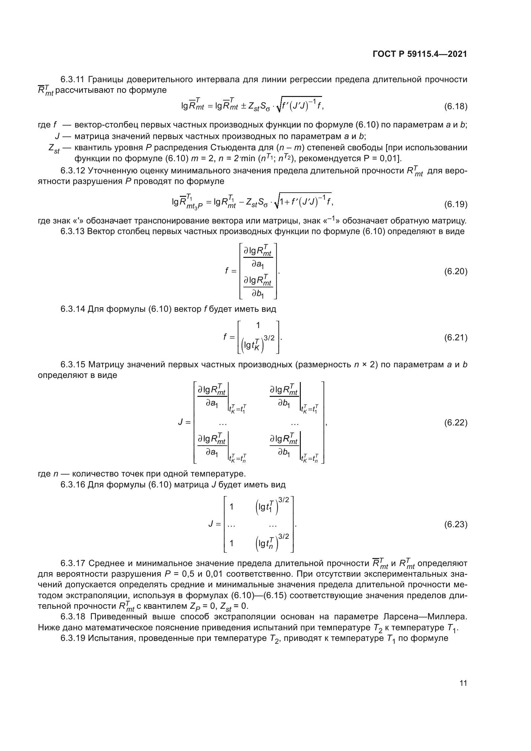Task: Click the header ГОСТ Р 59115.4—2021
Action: tap(420, 54)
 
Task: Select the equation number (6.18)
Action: tap(456, 106)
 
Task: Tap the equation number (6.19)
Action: tap(456, 205)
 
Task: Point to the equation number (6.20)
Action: tap(456, 272)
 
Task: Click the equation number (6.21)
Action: tap(456, 337)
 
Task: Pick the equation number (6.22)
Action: tap(456, 423)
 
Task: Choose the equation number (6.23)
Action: tap(456, 524)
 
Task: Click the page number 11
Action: tap(463, 683)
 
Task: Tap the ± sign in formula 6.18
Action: tap(243, 107)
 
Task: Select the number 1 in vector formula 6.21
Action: tap(258, 325)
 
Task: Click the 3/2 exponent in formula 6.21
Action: tap(269, 338)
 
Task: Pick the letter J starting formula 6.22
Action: tap(180, 422)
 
